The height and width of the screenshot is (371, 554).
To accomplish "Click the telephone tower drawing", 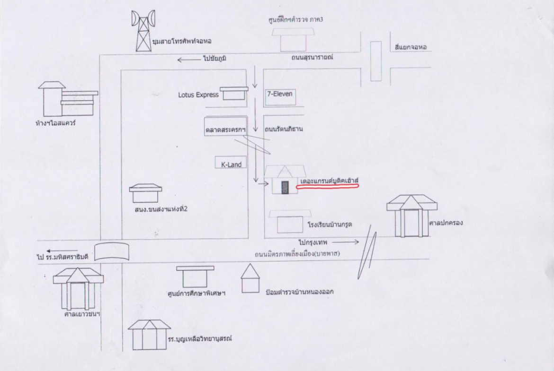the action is pyautogui.click(x=143, y=31).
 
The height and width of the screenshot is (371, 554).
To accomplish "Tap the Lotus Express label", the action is pyautogui.click(x=198, y=95).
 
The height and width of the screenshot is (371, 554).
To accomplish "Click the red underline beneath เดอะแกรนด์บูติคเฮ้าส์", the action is pyautogui.click(x=328, y=186).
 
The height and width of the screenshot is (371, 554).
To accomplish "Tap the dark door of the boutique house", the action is pyautogui.click(x=285, y=187).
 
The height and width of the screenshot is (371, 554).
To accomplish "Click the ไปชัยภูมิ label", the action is pyautogui.click(x=214, y=58).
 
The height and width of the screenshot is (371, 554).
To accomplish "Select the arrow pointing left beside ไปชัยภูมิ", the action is pyautogui.click(x=188, y=60).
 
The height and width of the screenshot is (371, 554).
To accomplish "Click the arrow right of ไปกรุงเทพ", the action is pyautogui.click(x=345, y=242).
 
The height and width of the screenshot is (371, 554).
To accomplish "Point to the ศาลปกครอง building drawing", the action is pyautogui.click(x=411, y=216).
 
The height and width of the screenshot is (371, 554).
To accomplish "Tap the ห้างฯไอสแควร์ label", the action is pyautogui.click(x=56, y=123).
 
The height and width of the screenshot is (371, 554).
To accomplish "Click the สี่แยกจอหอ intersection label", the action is pyautogui.click(x=411, y=47).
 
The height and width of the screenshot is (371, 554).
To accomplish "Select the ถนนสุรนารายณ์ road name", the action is pyautogui.click(x=312, y=57).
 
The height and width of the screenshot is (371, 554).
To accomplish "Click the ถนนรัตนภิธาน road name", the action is pyautogui.click(x=284, y=129).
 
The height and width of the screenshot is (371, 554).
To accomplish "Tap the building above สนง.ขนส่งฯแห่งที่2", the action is pyautogui.click(x=145, y=193).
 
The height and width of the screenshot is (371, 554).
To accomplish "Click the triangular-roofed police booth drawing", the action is pyautogui.click(x=250, y=278).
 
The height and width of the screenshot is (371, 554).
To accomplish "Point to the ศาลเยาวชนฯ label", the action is pyautogui.click(x=82, y=313).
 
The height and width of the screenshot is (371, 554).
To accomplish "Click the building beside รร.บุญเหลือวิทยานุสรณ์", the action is pyautogui.click(x=149, y=335).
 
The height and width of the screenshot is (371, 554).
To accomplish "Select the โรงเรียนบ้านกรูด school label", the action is pyautogui.click(x=330, y=224).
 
